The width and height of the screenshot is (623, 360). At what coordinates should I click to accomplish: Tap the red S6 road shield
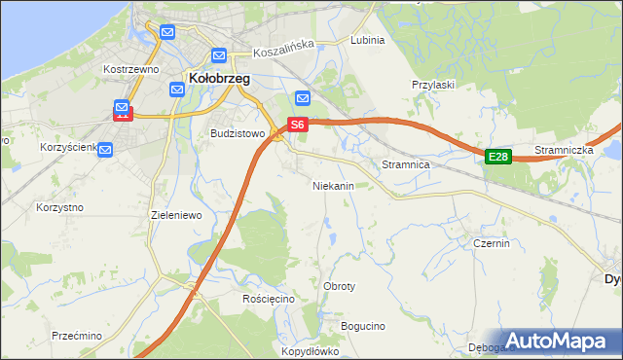[x=298, y=125]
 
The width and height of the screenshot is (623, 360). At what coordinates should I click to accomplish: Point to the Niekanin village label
[x=332, y=185]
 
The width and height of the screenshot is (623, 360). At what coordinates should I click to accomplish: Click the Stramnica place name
[x=406, y=165]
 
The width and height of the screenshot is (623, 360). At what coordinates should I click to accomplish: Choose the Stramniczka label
[x=564, y=151]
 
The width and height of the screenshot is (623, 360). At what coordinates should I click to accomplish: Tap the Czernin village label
[x=492, y=243]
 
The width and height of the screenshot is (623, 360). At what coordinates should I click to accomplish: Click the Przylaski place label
[x=433, y=85]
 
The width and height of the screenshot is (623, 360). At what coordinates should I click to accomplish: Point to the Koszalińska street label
[x=284, y=44]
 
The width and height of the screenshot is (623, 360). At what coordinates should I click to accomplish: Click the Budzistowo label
[x=238, y=134]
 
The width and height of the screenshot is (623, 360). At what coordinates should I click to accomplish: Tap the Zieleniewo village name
[x=175, y=214]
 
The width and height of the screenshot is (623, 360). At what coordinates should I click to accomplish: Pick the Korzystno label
[x=59, y=207]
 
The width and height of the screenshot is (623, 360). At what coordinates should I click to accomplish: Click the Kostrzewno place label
[x=130, y=70]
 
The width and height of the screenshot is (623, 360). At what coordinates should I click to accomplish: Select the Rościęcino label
[x=269, y=299]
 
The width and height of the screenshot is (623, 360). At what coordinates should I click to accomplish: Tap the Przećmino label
[x=77, y=336]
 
